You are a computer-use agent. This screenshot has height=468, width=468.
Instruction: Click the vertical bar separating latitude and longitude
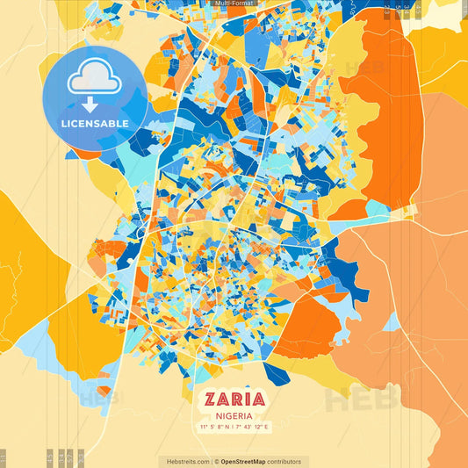(234, 428)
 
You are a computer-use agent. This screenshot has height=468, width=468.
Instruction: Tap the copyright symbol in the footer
(216, 461)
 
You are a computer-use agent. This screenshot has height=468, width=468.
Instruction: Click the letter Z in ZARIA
(211, 399)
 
